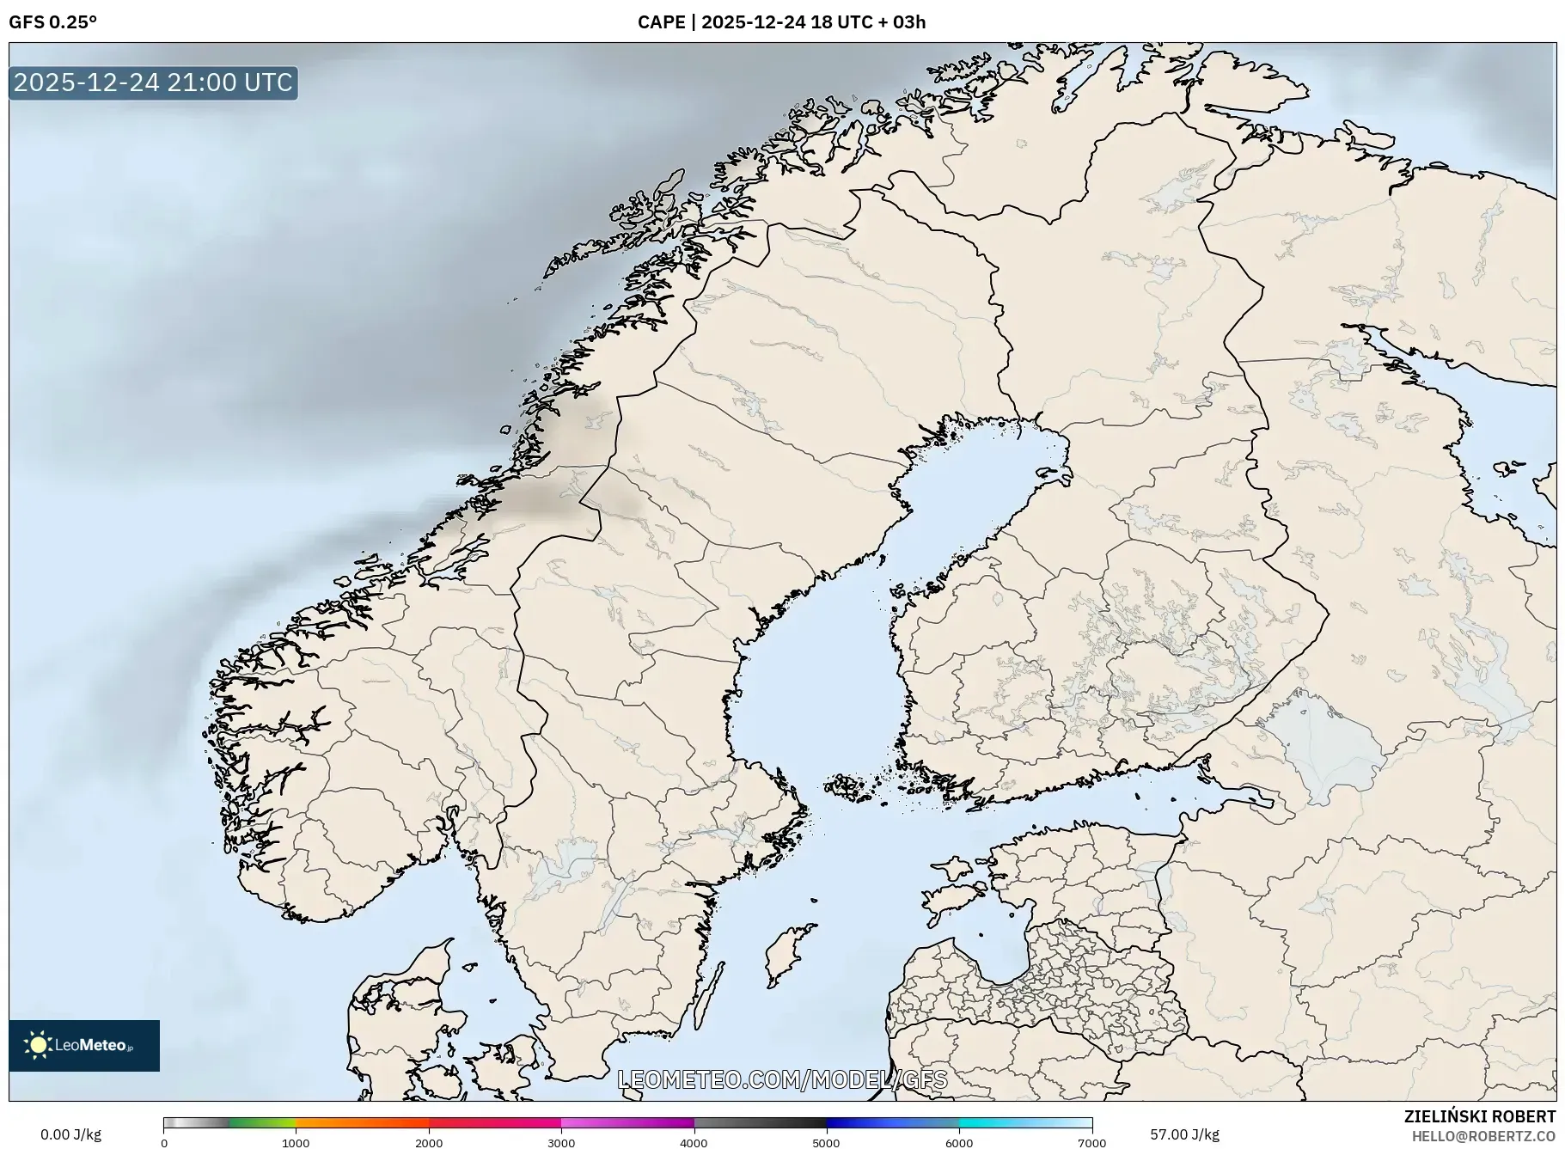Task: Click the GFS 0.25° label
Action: pos(52,22)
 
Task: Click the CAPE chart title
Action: pos(781,22)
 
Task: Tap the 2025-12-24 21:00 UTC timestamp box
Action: pos(153,83)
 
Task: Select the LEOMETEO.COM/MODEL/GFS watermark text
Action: pos(782,1079)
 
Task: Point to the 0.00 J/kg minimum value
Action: pos(70,1134)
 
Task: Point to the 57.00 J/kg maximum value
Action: pos(1184,1134)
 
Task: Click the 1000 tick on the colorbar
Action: pos(296,1142)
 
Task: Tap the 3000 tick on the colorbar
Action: pos(561,1142)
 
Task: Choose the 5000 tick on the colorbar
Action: pos(827,1142)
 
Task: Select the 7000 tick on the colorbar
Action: pos(1091,1142)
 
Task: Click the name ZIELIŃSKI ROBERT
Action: pos(1479,1116)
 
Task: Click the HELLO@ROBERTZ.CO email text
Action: pos(1483,1136)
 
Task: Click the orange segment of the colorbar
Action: pos(361,1122)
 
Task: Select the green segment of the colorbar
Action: pos(262,1122)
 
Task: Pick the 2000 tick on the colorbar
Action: pos(429,1142)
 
